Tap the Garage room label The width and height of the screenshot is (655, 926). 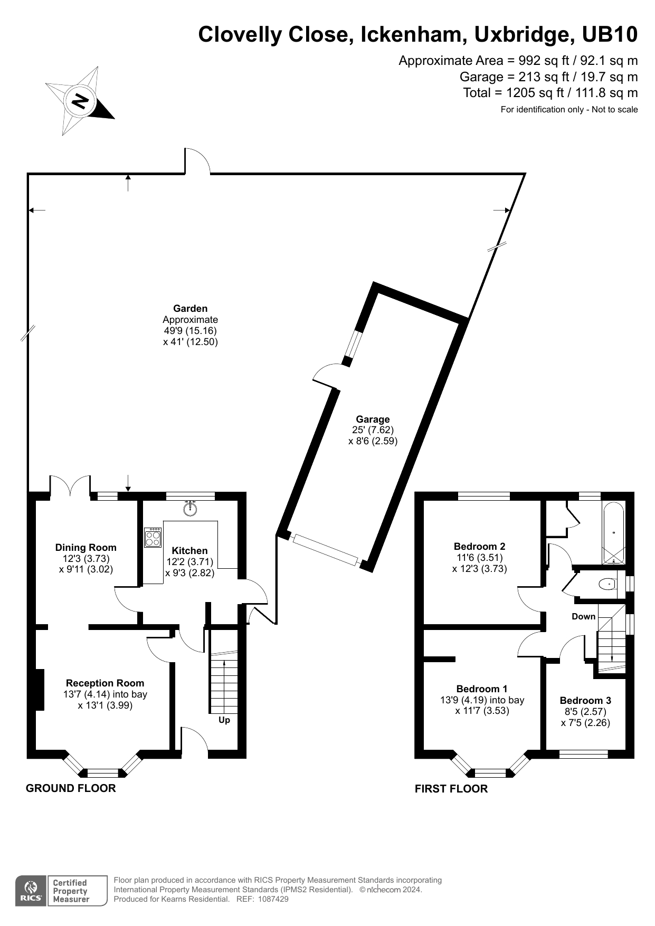[373, 419]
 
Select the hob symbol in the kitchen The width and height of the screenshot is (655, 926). [153, 537]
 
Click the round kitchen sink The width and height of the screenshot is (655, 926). [190, 509]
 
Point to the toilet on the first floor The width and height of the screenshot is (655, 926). [607, 584]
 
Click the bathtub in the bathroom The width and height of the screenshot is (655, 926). [613, 533]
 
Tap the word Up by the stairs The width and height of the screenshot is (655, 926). [224, 720]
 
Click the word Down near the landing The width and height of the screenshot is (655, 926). [583, 616]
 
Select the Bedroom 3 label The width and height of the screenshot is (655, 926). [585, 700]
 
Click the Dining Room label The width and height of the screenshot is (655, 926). [86, 548]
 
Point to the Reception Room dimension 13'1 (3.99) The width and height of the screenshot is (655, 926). [105, 705]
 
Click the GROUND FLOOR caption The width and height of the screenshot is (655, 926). [71, 788]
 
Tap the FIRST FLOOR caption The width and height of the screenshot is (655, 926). [451, 789]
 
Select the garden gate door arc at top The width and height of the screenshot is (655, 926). [197, 160]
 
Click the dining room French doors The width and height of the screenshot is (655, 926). [70, 485]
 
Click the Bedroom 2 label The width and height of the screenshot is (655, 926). [479, 546]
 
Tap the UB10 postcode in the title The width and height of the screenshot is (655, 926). [610, 35]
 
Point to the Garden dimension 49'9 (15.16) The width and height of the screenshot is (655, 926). [190, 331]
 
